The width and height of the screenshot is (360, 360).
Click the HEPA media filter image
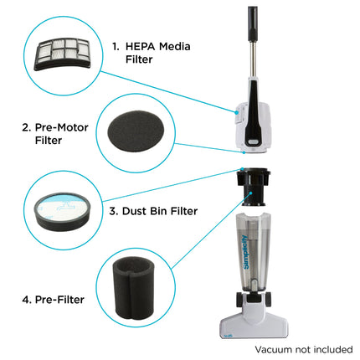click(x=62, y=54)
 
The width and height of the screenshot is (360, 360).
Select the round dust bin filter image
click(x=62, y=211)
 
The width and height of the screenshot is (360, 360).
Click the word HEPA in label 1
click(x=140, y=46)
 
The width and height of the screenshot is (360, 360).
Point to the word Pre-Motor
click(x=62, y=127)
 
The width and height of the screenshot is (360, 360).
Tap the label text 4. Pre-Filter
click(x=53, y=300)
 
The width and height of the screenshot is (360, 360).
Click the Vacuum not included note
click(x=304, y=349)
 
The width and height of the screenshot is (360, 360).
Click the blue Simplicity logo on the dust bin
click(x=245, y=252)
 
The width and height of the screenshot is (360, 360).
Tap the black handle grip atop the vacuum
click(x=253, y=24)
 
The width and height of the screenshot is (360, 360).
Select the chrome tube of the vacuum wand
click(x=255, y=59)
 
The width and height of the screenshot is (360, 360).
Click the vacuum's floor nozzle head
click(x=254, y=321)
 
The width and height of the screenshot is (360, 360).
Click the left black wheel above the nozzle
click(x=239, y=300)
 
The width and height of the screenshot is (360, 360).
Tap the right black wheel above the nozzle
click(x=267, y=300)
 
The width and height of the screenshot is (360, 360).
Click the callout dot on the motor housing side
click(x=237, y=112)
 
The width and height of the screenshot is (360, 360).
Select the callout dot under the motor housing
click(x=244, y=152)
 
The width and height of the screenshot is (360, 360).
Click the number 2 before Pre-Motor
click(x=26, y=127)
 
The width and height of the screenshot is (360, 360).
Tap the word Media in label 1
click(x=175, y=46)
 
